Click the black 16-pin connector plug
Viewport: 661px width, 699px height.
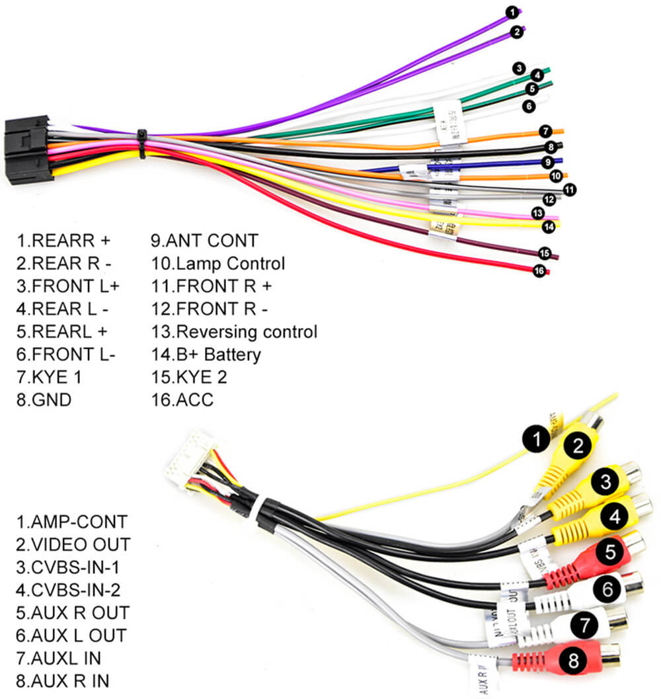28,149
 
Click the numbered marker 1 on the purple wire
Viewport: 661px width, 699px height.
511,12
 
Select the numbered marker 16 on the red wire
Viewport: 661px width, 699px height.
539,270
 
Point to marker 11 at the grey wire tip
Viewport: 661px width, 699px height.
569,189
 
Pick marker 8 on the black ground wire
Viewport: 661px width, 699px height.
550,147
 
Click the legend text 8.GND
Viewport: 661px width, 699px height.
44,399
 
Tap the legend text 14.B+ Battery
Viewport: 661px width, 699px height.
206,354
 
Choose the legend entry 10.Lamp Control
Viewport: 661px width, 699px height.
217,264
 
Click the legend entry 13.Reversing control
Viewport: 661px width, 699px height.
234,331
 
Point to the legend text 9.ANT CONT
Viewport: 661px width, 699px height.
204,240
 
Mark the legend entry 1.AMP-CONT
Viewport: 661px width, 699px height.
71,522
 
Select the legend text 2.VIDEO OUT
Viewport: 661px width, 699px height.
73,544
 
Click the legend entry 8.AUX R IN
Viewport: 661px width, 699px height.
63,680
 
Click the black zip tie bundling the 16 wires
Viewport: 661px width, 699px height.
142,144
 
